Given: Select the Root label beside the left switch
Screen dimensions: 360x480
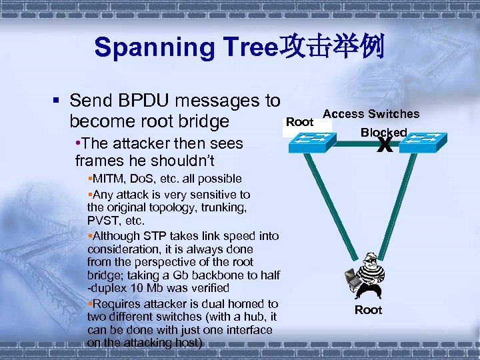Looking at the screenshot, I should click(299, 122).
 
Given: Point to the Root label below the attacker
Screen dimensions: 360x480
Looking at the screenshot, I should click(368, 310).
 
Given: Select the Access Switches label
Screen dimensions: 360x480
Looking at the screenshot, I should click(371, 114).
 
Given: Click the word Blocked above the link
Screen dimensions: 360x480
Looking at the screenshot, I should click(383, 132).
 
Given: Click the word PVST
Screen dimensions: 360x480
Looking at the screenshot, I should click(101, 220).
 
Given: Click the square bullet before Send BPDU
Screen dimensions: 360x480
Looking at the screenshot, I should click(57, 101).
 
